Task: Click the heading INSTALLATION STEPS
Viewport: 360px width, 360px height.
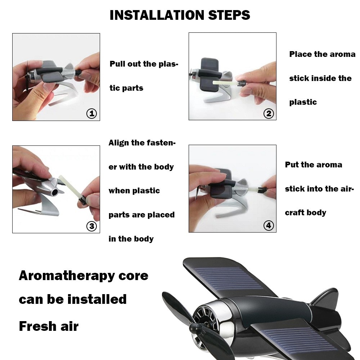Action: [180, 15]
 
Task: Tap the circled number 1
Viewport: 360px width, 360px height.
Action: [92, 114]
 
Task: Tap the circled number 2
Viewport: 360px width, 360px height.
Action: [269, 114]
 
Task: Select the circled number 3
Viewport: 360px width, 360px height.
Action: [92, 226]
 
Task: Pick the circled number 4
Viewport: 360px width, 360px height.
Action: [269, 226]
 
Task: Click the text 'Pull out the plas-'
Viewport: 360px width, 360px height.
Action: [144, 64]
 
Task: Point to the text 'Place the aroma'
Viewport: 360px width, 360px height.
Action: [322, 54]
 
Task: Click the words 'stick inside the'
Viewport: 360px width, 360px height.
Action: [320, 78]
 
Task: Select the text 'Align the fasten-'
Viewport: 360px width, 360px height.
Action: [142, 143]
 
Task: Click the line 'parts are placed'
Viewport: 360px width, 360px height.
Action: [141, 215]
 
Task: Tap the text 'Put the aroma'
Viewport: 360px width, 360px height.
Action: [314, 165]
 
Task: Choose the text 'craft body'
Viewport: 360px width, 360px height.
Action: [306, 213]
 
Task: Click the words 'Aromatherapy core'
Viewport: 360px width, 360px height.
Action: [84, 276]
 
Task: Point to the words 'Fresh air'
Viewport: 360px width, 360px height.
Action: [49, 326]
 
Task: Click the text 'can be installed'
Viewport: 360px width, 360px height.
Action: [73, 299]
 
